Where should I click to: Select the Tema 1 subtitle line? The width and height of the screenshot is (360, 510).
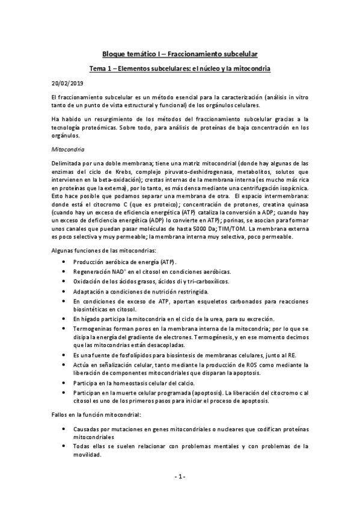pos(179,69)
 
